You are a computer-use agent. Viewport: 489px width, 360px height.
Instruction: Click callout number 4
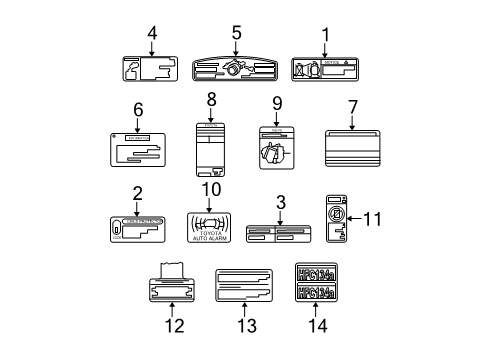(152, 34)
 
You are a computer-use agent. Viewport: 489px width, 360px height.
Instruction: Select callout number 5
(237, 33)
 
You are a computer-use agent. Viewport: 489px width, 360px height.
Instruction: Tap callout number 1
(324, 34)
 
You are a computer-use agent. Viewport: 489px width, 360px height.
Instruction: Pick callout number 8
(211, 100)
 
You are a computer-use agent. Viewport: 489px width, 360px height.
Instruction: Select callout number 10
(211, 189)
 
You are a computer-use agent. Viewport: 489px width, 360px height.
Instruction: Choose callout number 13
(244, 326)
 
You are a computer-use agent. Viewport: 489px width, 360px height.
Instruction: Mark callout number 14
(318, 326)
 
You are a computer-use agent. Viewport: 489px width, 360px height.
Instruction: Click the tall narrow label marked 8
(211, 150)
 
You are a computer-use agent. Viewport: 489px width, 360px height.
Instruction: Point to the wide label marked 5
(237, 69)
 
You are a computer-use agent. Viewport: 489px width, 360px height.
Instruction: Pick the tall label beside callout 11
(337, 218)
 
